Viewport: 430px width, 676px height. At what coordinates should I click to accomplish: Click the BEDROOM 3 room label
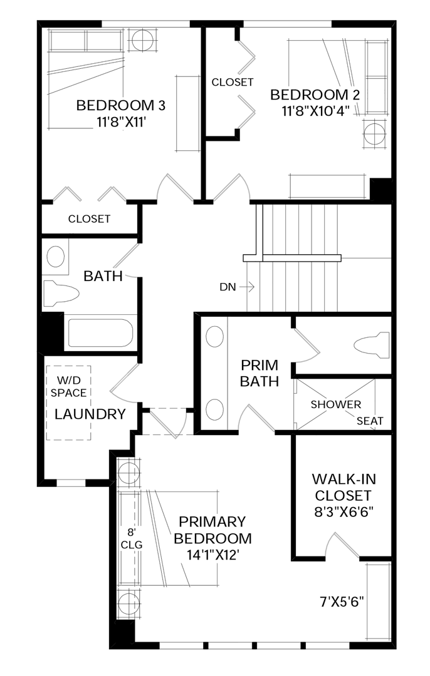[x=120, y=105]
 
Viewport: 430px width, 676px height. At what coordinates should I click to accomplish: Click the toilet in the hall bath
[x=61, y=292]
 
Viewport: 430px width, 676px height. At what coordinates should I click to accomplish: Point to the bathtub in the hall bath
[x=100, y=333]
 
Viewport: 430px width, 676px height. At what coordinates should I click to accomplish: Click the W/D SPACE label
[x=68, y=386]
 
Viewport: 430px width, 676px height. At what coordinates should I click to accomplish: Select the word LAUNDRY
[x=90, y=414]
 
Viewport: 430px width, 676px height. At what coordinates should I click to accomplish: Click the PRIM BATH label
[x=260, y=374]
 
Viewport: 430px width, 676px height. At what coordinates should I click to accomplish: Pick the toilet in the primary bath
[x=372, y=346]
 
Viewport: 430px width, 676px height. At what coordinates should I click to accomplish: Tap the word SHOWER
[x=335, y=404]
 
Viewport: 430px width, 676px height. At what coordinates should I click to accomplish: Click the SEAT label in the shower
[x=369, y=421]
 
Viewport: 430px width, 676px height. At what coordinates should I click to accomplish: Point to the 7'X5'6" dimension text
[x=342, y=602]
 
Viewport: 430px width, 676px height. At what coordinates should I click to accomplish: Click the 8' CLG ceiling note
[x=132, y=538]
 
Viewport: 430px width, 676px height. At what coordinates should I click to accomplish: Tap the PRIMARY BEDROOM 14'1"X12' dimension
[x=212, y=555]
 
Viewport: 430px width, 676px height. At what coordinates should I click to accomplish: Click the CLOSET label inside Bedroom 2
[x=232, y=82]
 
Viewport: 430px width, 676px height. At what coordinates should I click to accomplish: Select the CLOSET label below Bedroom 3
[x=89, y=219]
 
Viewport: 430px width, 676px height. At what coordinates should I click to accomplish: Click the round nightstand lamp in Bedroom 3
[x=144, y=42]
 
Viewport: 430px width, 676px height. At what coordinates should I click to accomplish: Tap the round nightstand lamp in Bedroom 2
[x=374, y=134]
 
